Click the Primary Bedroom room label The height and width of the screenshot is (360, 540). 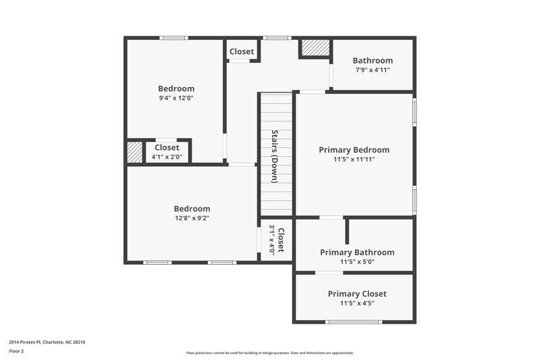pyautogui.click(x=354, y=150)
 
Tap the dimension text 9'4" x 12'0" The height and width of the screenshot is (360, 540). pyautogui.click(x=176, y=99)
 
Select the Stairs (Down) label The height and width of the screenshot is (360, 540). pyautogui.click(x=275, y=156)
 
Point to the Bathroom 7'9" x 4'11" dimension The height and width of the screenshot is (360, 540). pyautogui.click(x=373, y=70)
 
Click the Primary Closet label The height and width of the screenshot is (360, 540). pyautogui.click(x=357, y=294)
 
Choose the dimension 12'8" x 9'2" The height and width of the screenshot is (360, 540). pyautogui.click(x=192, y=218)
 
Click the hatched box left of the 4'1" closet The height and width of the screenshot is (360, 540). pyautogui.click(x=136, y=152)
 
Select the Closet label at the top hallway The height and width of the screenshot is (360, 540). pyautogui.click(x=242, y=51)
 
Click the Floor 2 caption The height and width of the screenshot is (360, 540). pyautogui.click(x=17, y=351)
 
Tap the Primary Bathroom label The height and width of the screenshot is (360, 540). pyautogui.click(x=357, y=252)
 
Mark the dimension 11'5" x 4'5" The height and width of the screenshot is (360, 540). pyautogui.click(x=357, y=303)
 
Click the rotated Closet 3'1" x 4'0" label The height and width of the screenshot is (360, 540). pyautogui.click(x=277, y=239)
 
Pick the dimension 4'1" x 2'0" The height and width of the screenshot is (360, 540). pyautogui.click(x=167, y=157)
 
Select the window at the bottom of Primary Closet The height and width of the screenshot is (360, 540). pyautogui.click(x=354, y=322)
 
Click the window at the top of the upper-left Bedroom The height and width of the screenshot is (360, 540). pyautogui.click(x=173, y=38)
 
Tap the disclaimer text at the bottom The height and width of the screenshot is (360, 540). pyautogui.click(x=269, y=353)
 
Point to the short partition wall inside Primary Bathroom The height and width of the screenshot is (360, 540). pyautogui.click(x=347, y=231)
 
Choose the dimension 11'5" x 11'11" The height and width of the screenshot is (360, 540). pyautogui.click(x=354, y=159)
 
